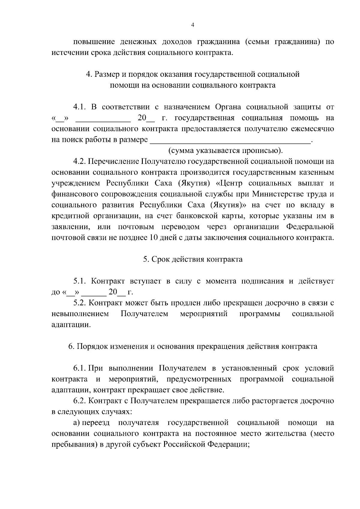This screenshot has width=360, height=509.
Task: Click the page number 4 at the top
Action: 193,25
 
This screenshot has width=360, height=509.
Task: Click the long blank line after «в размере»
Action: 230,140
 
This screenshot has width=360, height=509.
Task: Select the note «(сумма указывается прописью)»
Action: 225,151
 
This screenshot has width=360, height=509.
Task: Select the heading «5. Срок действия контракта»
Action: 193,259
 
